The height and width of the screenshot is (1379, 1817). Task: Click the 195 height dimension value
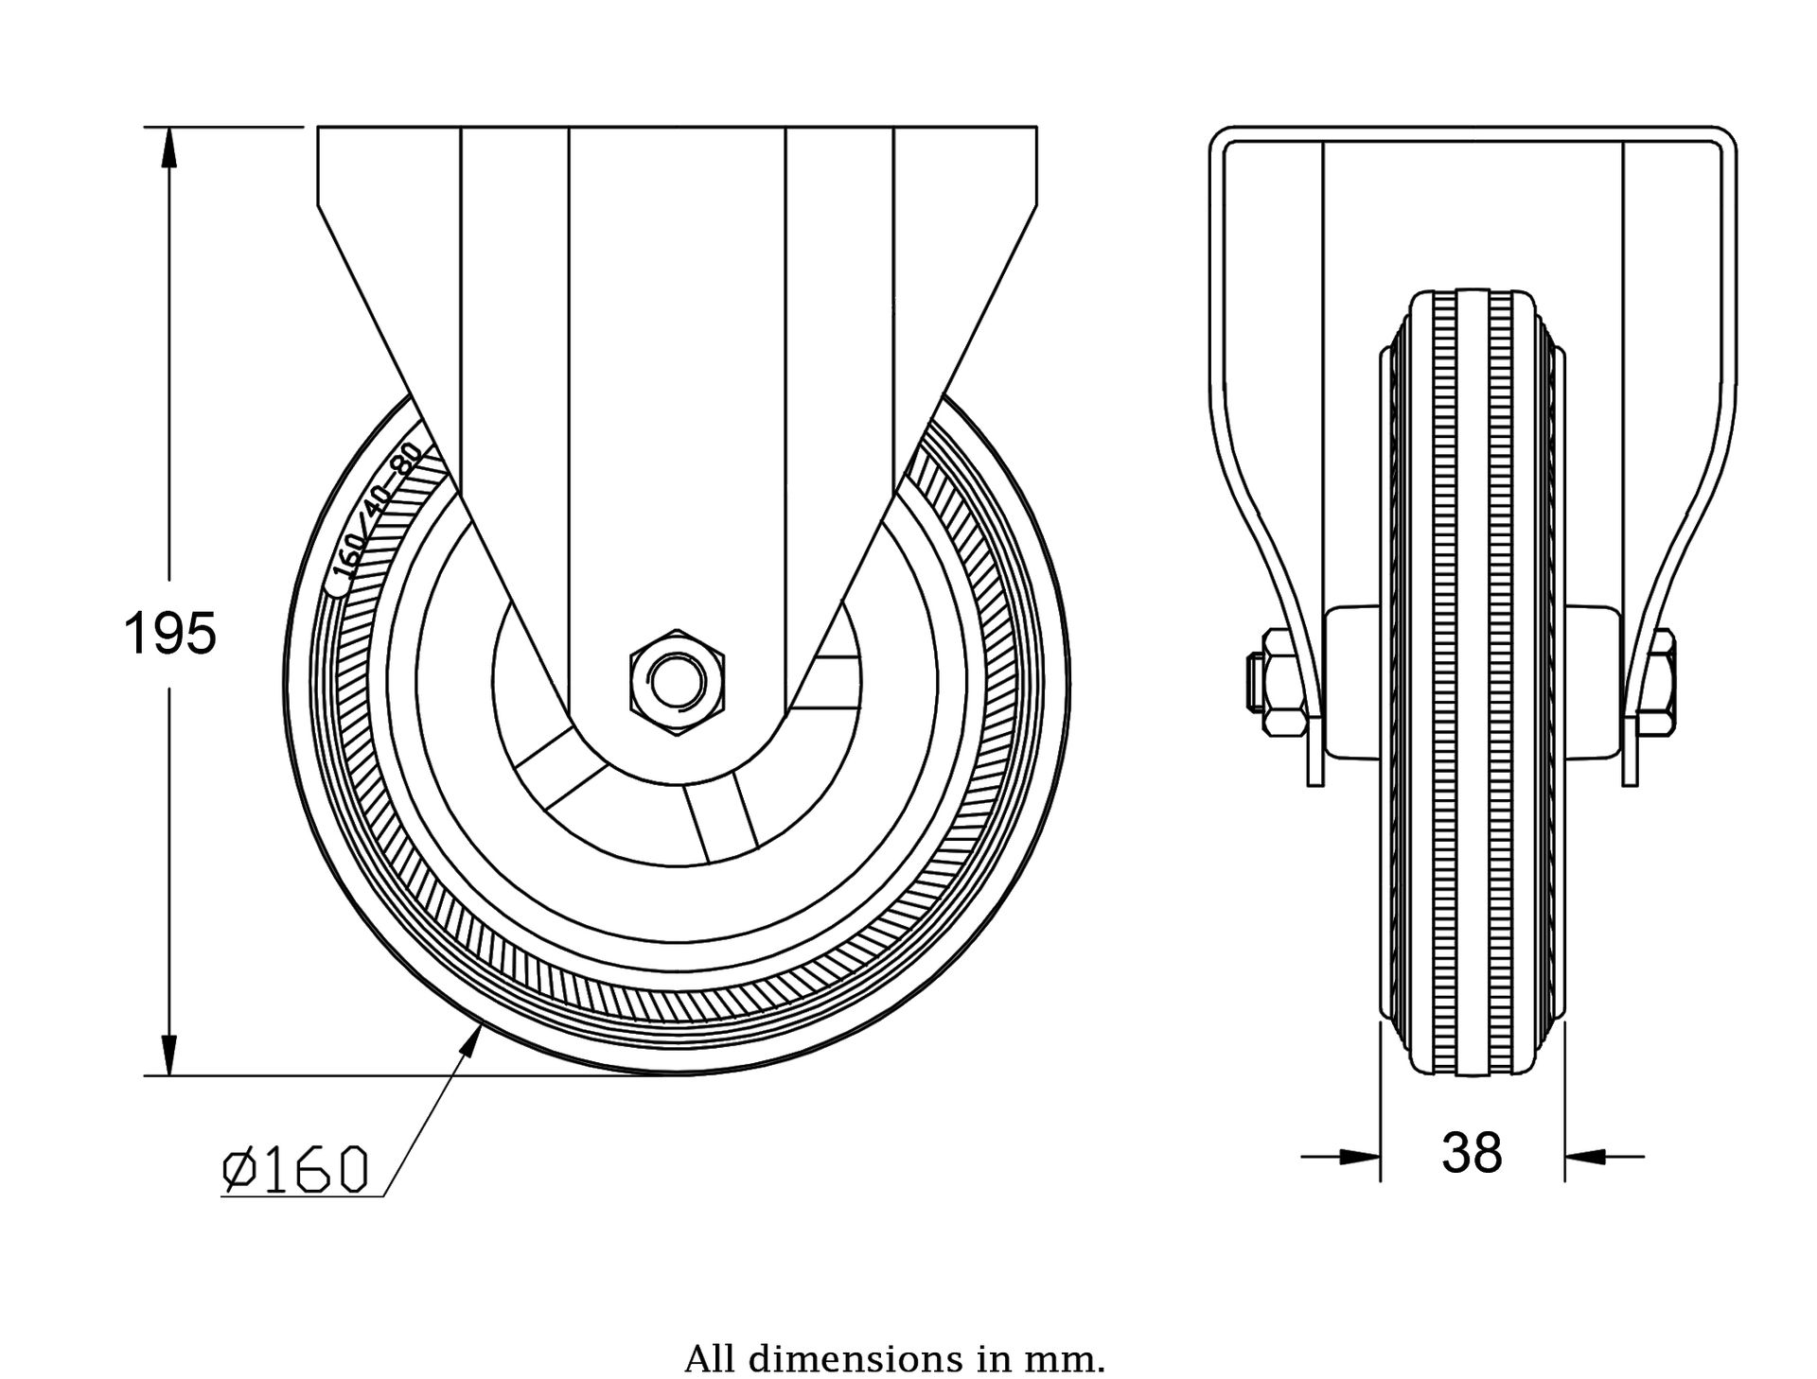170,634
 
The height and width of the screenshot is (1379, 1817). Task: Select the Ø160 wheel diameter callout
294,1170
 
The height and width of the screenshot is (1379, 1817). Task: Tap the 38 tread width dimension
1472,1153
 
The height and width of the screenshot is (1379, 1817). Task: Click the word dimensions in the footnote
859,1335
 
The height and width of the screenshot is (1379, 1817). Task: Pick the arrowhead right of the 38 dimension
1584,1156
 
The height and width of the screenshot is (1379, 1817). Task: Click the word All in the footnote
708,1335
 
